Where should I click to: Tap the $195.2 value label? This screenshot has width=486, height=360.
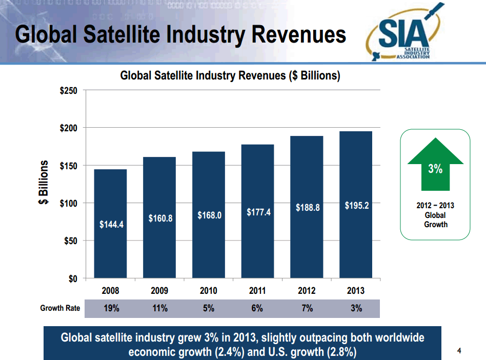(356, 206)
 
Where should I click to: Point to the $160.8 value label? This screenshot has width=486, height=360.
(159, 218)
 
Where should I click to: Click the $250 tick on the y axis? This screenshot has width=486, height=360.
(69, 91)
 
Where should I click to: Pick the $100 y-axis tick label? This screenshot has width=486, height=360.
(69, 203)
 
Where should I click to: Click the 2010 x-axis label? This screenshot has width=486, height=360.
(208, 291)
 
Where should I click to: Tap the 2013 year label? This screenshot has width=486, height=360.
(356, 291)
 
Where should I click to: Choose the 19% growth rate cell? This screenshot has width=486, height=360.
(110, 308)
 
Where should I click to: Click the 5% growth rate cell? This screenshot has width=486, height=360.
(208, 308)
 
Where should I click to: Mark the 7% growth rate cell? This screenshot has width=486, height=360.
(307, 308)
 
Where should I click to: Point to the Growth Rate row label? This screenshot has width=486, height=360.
(60, 308)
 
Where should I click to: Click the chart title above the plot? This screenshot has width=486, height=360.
(230, 76)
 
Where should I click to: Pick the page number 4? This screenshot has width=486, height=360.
(459, 351)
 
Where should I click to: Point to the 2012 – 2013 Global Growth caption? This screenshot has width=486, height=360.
(435, 215)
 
